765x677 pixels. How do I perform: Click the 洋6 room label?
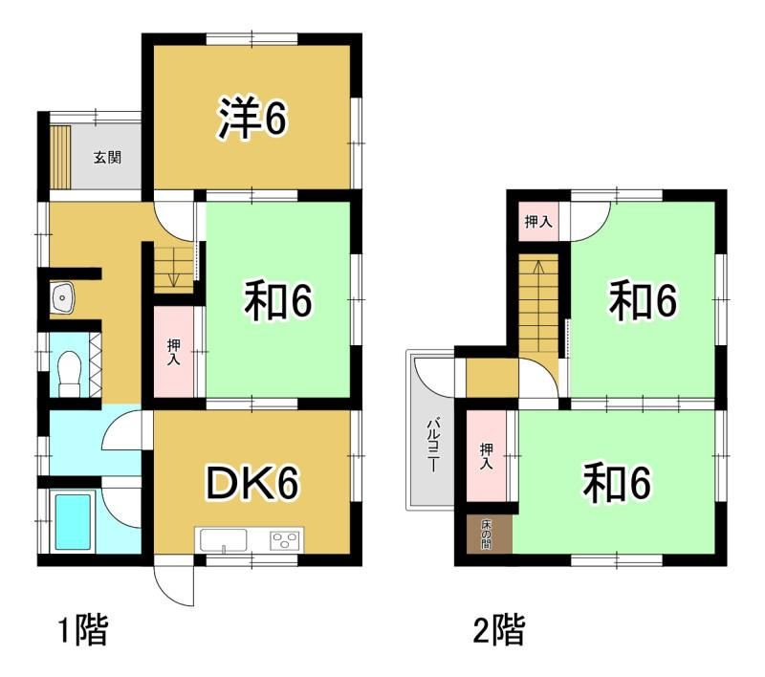point(252,119)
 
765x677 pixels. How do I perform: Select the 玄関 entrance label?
point(107,158)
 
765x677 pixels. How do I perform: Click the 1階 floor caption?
point(82,631)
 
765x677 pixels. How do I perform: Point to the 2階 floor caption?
point(499,631)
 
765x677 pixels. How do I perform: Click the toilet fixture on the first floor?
point(69,373)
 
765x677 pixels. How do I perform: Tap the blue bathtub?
point(74,522)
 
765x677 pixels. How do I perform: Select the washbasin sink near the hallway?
point(61,297)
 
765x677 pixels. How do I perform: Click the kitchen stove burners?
point(285,541)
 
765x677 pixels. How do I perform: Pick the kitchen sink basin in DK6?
point(224,540)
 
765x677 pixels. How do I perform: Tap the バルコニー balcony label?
point(432,445)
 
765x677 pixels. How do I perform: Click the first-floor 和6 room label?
point(277,301)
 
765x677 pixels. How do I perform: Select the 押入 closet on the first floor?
point(174,352)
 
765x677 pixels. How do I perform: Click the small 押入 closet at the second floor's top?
point(538,222)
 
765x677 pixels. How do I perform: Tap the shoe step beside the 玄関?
point(61,158)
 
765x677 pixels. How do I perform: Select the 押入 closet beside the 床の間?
point(487,455)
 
